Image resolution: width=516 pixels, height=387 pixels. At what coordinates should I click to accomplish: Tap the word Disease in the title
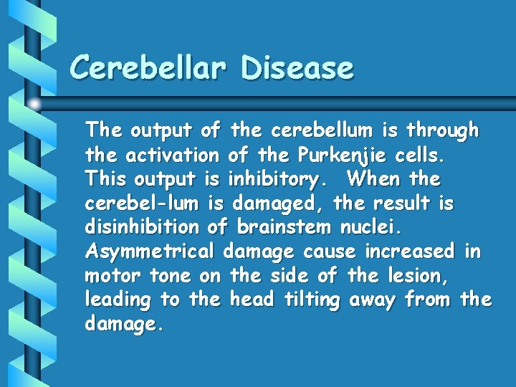pos(297,68)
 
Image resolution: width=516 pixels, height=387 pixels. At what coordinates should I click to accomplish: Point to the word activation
pos(172,154)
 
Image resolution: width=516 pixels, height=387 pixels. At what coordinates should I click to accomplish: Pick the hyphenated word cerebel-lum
pos(143,203)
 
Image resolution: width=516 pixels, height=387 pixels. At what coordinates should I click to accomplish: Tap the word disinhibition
pos(142,227)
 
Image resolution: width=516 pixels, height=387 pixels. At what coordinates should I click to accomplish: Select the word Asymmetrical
pos(149,252)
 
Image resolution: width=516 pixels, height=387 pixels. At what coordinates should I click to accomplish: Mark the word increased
pos(409,252)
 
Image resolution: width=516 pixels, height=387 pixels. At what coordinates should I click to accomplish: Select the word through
pos(442,130)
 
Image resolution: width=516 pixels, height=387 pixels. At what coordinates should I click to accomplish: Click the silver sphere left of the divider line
pos(34,105)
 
